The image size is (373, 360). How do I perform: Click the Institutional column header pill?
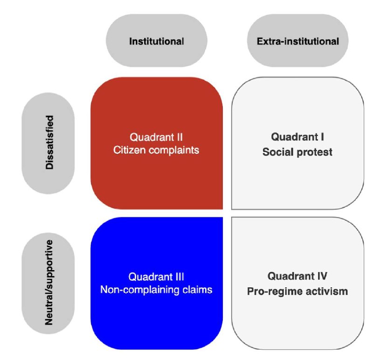pyautogui.click(x=157, y=41)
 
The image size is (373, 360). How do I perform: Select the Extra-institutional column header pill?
pyautogui.click(x=298, y=41)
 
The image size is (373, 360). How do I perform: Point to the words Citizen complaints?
pyautogui.click(x=156, y=151)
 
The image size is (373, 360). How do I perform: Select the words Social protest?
pyautogui.click(x=297, y=152)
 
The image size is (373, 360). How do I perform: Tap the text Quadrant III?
pyautogui.click(x=156, y=277)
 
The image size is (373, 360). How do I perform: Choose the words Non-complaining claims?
pyautogui.click(x=156, y=290)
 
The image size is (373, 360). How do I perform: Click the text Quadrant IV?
pyautogui.click(x=297, y=277)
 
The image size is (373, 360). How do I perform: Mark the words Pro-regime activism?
pyautogui.click(x=297, y=291)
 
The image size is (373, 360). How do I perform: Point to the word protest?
pyautogui.click(x=316, y=152)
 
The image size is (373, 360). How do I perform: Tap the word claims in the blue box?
pyautogui.click(x=198, y=290)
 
